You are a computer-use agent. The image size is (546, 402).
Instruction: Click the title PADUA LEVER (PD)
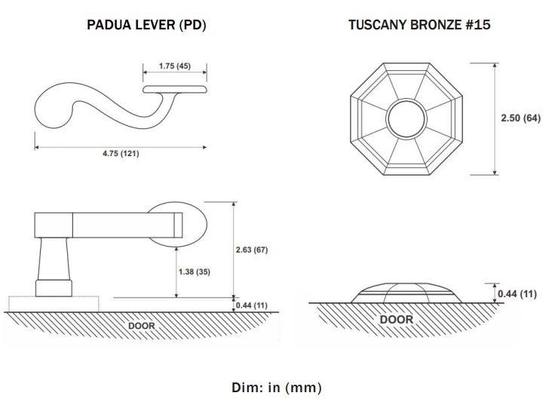click(x=146, y=25)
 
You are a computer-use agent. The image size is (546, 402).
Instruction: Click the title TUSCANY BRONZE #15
click(x=419, y=25)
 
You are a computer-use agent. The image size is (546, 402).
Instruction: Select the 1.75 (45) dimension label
click(x=175, y=66)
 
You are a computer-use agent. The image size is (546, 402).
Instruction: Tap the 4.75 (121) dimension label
click(x=121, y=153)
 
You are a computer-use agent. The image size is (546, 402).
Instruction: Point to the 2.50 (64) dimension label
click(x=520, y=118)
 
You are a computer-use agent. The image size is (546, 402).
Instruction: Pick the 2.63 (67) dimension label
click(x=252, y=250)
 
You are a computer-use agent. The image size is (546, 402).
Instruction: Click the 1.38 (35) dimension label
click(x=195, y=272)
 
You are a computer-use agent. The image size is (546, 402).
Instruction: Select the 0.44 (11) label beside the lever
click(x=252, y=305)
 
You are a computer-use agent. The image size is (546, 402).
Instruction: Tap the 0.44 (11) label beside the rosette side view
click(x=517, y=293)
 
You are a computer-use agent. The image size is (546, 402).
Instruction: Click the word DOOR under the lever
click(x=141, y=326)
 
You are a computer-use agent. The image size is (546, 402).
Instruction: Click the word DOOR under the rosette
click(x=396, y=320)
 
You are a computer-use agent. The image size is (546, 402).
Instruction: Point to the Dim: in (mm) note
click(x=277, y=388)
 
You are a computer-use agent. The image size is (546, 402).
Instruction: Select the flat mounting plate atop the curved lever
click(x=175, y=89)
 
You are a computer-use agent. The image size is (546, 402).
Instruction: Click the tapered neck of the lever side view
click(x=54, y=259)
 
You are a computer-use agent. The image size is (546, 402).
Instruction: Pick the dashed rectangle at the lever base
click(x=54, y=304)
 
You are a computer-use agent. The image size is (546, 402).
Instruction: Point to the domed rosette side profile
click(x=406, y=293)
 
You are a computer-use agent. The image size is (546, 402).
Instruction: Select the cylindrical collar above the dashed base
click(x=54, y=288)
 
